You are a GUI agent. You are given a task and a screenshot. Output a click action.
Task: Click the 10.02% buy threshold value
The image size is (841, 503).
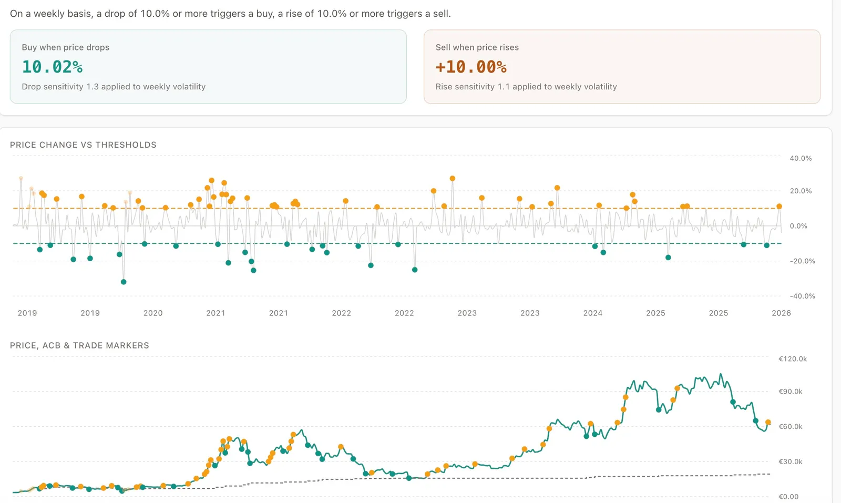pos(52,67)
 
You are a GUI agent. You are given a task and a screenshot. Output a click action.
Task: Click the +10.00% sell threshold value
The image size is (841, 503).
pos(471,67)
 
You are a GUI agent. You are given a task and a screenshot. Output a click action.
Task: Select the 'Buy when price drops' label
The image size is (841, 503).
pos(66,47)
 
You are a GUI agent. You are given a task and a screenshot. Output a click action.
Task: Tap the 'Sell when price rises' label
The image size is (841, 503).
pos(477,47)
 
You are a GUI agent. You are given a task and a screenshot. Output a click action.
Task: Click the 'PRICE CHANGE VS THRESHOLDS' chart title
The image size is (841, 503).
pos(83,145)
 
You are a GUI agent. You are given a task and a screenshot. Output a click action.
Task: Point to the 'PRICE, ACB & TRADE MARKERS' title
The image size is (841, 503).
pos(79,345)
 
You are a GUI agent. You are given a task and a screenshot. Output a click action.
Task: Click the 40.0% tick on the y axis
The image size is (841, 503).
pos(800,158)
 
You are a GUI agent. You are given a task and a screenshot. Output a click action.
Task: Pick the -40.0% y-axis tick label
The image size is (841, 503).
pos(802,296)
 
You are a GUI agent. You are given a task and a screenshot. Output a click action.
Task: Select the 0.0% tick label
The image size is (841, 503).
pos(798,226)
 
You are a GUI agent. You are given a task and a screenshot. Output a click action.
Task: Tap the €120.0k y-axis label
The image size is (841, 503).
pos(792,359)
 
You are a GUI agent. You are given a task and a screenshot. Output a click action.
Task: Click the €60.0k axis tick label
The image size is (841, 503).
pos(790,426)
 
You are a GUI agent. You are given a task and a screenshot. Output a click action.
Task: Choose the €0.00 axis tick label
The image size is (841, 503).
pos(788,496)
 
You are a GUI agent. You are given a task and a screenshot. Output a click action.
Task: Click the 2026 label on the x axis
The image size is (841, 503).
pos(781,313)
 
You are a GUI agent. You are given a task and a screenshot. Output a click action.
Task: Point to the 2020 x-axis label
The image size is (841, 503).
pos(153,313)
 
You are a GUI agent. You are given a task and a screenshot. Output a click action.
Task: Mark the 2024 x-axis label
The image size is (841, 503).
pos(592,313)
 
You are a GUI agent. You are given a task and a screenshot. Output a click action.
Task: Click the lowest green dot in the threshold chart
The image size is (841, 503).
pos(124,282)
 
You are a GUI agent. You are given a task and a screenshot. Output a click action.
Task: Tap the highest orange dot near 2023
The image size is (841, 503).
pos(452,179)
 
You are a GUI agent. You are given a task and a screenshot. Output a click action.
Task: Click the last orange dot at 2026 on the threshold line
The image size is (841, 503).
pos(779,207)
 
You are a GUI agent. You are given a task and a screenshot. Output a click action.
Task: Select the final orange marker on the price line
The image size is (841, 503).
pos(768,422)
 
